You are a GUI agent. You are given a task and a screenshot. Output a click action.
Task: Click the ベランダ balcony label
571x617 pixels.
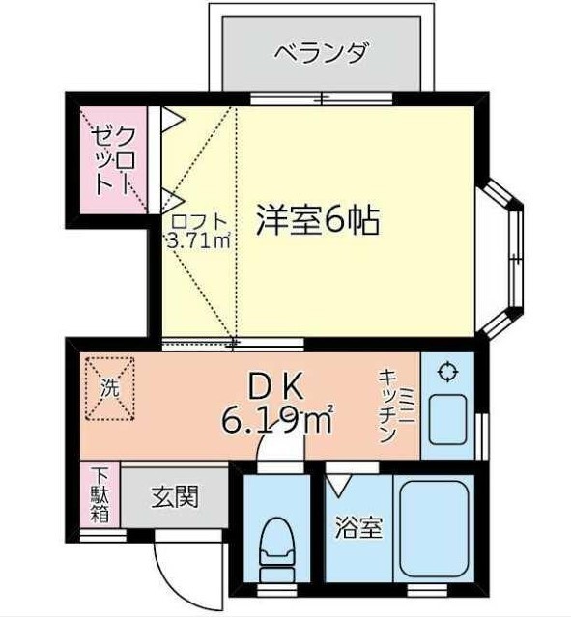click(x=323, y=53)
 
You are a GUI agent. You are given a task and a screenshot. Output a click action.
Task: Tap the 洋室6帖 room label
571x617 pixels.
click(x=318, y=220)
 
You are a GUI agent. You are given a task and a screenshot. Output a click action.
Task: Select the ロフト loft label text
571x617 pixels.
click(x=199, y=223)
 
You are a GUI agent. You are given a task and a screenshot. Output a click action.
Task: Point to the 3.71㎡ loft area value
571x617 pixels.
click(x=198, y=240)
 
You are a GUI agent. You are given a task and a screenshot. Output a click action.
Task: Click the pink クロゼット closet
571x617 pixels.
click(x=113, y=160)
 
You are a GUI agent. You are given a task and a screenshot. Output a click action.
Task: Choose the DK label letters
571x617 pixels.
click(x=276, y=387)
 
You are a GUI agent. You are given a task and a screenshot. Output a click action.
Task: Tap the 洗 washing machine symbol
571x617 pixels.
click(x=110, y=389)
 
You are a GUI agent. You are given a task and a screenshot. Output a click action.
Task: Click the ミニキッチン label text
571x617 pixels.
click(x=396, y=406)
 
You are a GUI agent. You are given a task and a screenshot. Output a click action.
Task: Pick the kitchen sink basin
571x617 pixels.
click(x=447, y=419)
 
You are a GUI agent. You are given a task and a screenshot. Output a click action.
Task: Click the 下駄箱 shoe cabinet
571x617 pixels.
click(x=100, y=494)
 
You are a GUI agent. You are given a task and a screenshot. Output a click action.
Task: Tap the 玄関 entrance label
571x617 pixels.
click(x=175, y=496)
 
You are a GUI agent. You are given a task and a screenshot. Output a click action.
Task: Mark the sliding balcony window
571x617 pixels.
click(x=322, y=98)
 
